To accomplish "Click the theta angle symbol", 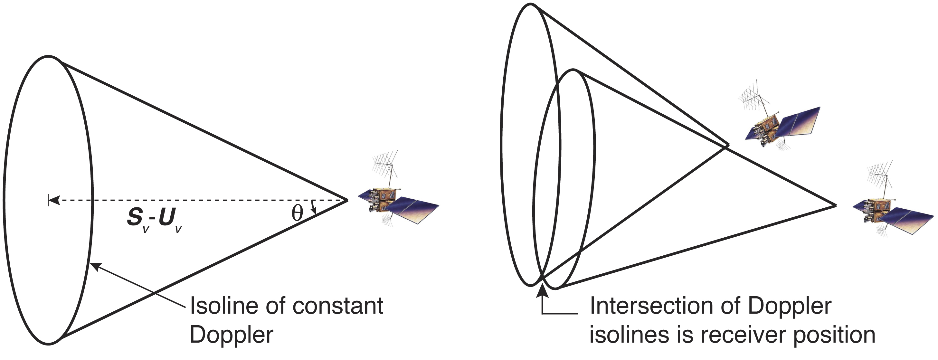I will click(297, 214).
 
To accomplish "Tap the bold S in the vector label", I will click(135, 218).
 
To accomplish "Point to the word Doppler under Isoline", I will click(231, 335).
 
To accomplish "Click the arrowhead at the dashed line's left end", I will click(53, 200).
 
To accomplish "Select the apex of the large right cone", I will click(835, 206).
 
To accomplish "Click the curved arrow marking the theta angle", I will click(314, 207).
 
